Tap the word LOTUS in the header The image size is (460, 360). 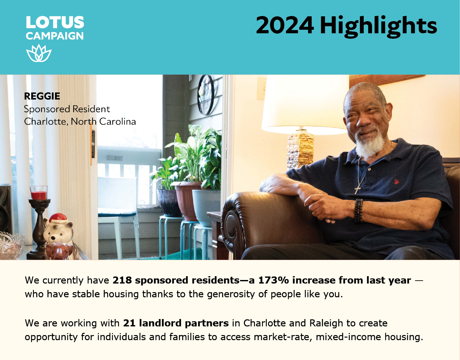[55, 22]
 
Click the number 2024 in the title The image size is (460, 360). [285, 25]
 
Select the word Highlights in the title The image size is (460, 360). [378, 27]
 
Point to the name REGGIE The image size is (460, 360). [42, 96]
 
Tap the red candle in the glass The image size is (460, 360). [39, 195]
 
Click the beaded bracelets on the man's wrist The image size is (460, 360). [359, 211]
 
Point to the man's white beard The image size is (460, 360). [369, 144]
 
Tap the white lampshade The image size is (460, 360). [305, 105]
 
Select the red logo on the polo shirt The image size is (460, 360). [396, 181]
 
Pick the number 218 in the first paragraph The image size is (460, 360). [122, 280]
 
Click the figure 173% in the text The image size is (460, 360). [274, 280]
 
